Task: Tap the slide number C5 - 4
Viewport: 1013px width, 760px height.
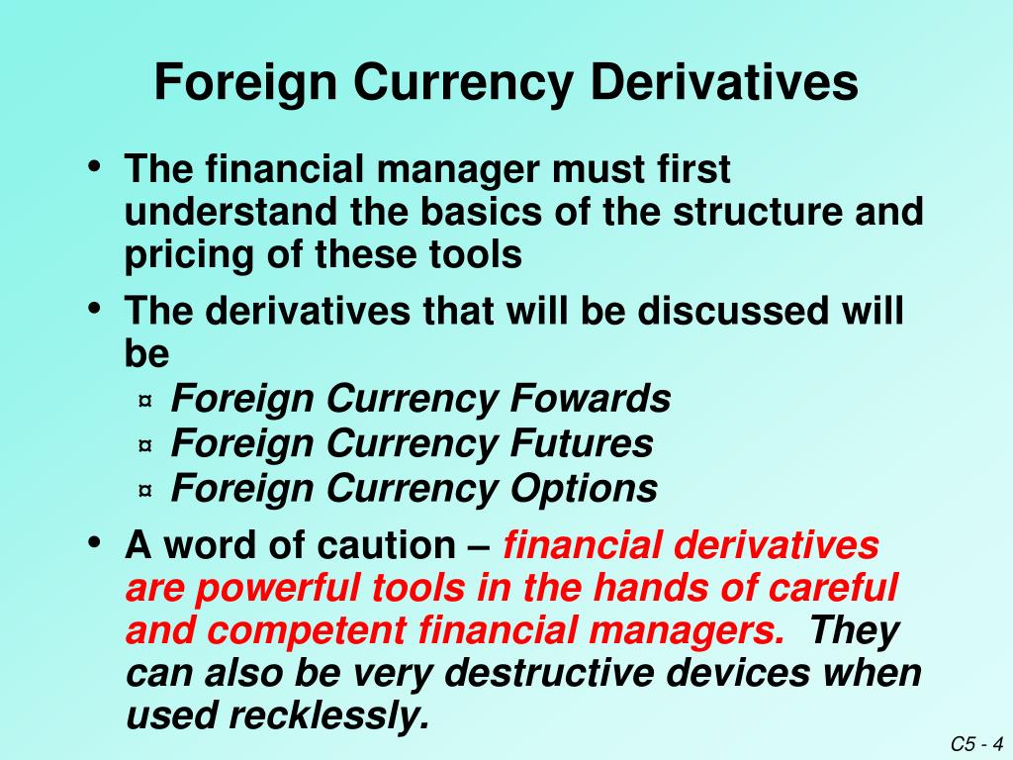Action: (x=976, y=744)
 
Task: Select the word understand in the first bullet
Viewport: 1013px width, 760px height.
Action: (x=231, y=212)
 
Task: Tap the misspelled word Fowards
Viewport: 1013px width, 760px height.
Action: (x=591, y=398)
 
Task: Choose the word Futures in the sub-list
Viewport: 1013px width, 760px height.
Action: (x=582, y=443)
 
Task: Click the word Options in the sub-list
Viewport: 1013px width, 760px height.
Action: (x=584, y=489)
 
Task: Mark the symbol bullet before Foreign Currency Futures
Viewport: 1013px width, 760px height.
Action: (x=145, y=445)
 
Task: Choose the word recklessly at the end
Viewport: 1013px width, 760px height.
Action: (x=329, y=716)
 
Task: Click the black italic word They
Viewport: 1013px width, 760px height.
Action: (x=854, y=630)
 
